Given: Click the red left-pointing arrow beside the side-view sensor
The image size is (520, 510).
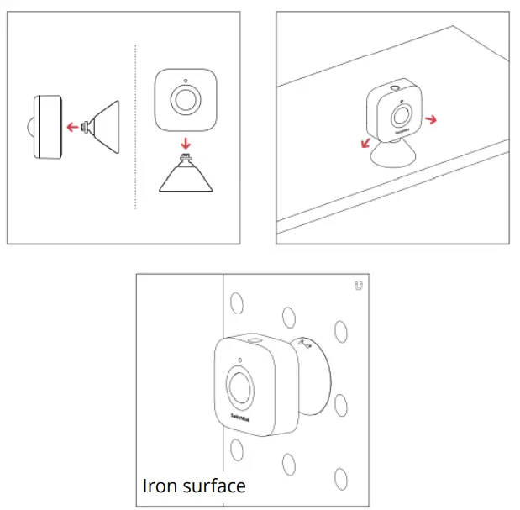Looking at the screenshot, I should (73, 127).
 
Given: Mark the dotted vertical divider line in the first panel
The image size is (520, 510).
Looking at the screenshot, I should (136, 126).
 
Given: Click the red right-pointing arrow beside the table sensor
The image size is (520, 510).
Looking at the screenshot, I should (430, 120).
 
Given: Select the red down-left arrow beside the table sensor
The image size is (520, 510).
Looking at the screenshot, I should (365, 142).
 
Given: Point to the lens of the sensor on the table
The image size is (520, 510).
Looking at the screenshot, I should (404, 116).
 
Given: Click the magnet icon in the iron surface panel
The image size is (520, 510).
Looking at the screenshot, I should (359, 286).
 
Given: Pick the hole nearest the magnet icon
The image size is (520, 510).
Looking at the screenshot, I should (340, 328).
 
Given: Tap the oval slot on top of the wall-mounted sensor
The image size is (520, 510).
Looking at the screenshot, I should (253, 341).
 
